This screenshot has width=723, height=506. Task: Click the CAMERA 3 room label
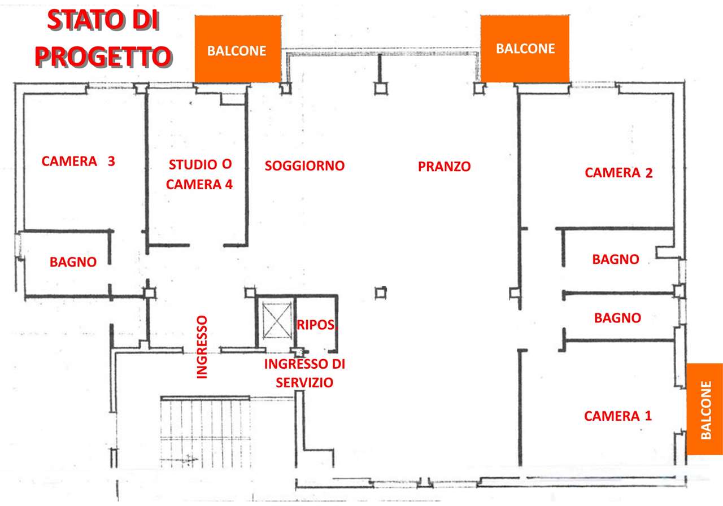(78, 161)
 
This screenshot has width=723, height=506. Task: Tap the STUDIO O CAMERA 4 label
(199, 175)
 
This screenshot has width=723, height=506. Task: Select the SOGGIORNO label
(304, 165)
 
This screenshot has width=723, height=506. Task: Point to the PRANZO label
(444, 167)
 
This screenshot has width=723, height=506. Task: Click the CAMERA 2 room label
(619, 173)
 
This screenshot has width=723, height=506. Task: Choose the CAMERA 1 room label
(618, 416)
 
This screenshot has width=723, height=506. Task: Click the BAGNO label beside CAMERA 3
(73, 261)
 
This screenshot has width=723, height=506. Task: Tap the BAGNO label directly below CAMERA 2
(616, 259)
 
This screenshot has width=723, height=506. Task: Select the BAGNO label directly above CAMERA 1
(617, 318)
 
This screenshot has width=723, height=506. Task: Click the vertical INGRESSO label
(202, 347)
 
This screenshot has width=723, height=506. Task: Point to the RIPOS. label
(317, 325)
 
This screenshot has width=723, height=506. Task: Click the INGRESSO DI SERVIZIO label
(304, 373)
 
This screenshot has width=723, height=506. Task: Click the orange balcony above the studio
(238, 49)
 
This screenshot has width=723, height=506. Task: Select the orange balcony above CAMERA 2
(525, 49)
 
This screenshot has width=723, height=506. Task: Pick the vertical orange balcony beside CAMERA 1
(704, 409)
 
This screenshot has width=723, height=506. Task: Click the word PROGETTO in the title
(103, 57)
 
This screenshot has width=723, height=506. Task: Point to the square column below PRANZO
(381, 293)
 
